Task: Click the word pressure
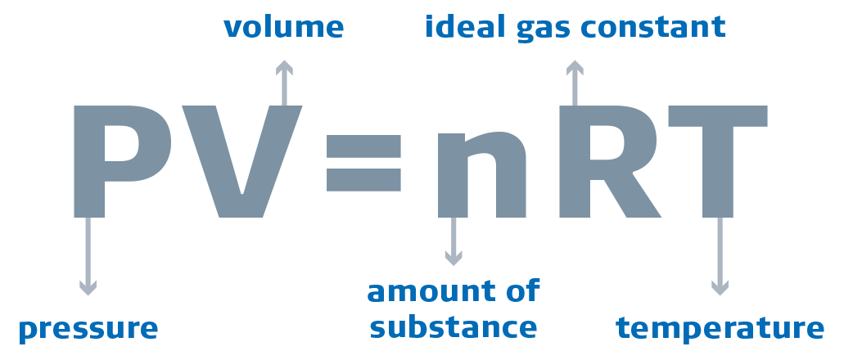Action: [x=88, y=329]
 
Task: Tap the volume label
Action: [x=283, y=28]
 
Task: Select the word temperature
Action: [x=720, y=328]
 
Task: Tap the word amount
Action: [x=431, y=291]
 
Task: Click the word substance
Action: [x=453, y=327]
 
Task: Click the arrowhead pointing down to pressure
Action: [x=88, y=287]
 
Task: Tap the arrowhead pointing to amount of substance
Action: [x=453, y=258]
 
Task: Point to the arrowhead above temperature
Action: [x=720, y=287]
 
